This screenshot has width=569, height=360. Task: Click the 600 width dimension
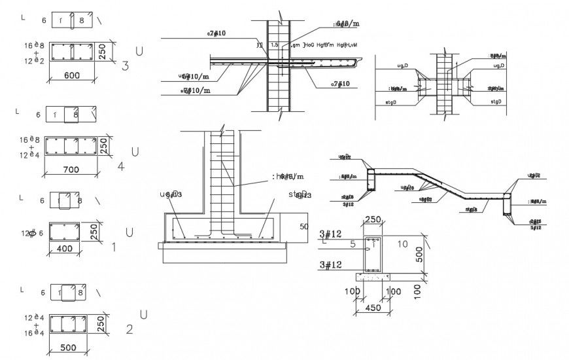pos(72,76)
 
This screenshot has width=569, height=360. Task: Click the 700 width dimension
pos(71,170)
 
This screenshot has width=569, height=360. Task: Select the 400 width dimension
pos(65,249)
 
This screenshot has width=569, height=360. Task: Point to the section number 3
pos(126,65)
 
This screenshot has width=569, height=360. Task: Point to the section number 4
pos(121,166)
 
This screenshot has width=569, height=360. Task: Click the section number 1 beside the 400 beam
pos(114,247)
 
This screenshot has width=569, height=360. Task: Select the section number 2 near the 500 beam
pos(129,329)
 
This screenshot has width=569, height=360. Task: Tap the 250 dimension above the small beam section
pos(373,220)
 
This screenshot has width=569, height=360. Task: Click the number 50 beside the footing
pos(303,226)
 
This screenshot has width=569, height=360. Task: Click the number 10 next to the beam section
pos(402,244)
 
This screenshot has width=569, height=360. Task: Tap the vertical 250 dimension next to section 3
pos(103,52)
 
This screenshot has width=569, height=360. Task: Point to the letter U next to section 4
pos(135,153)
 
